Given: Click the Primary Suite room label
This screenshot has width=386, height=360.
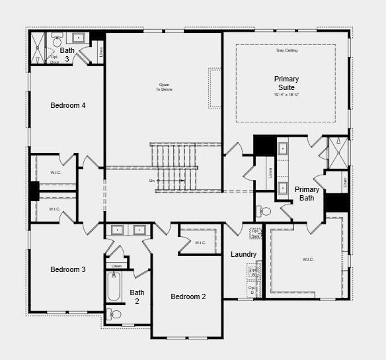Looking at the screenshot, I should coord(286,83).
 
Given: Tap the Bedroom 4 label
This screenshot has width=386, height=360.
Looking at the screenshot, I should coord(68,105).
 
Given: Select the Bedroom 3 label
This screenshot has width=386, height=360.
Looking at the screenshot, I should coord(68,269).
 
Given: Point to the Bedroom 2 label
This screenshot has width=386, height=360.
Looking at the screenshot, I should coord(188,296).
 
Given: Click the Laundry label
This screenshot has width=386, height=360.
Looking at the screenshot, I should coord(243,255).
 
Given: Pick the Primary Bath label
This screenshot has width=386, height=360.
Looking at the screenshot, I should coord(307,193).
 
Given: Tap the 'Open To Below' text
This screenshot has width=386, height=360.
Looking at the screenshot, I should coord(164,87).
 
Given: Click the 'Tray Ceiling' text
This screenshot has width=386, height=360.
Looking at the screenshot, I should coord(286,50).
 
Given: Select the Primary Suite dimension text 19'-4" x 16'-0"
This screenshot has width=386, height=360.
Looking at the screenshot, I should coord(286,95).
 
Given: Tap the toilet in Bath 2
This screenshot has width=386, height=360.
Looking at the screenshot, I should coord(114,314).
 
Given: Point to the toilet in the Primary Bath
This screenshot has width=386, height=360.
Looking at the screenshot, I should coord(264,212).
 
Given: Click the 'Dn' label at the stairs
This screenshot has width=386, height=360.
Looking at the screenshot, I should coord(152,180).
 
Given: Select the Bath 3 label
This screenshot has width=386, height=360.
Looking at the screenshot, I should coord(67,54).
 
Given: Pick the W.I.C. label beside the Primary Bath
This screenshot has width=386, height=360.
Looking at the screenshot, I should coord(308,259).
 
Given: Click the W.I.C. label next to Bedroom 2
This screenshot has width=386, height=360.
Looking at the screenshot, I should coord(200,243).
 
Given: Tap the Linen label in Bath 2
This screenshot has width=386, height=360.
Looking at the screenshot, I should coord(116,266).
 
